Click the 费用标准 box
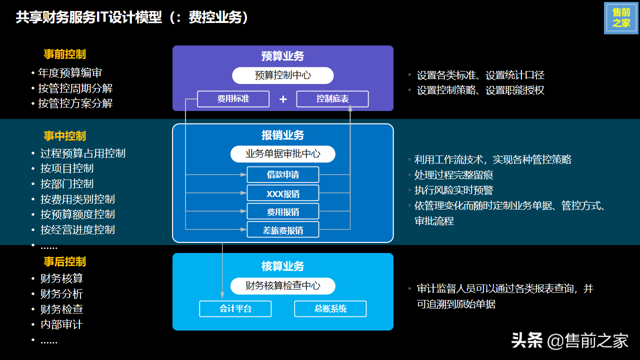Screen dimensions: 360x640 point(233,99)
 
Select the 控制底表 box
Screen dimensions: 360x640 point(332,99)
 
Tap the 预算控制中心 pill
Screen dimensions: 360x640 point(282,75)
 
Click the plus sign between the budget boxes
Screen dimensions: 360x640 point(283,99)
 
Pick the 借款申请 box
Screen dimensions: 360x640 point(282,175)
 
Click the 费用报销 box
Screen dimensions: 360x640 point(282,212)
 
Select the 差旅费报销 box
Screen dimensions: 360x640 point(282,230)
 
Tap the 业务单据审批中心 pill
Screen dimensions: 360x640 point(282,154)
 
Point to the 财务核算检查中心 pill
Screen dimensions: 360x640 point(282,286)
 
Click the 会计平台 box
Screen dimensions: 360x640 point(235,308)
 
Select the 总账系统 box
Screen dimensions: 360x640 point(330,308)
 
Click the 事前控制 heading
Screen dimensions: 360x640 point(64,54)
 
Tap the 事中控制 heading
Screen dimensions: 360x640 point(64,136)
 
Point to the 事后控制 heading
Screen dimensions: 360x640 point(64,261)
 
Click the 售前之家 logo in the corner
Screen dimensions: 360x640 point(621,18)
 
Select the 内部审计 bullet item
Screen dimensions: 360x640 point(61,324)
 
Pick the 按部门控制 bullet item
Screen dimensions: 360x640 point(67,183)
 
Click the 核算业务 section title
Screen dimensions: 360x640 point(282,266)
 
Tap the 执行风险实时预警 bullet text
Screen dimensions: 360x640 point(453,190)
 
